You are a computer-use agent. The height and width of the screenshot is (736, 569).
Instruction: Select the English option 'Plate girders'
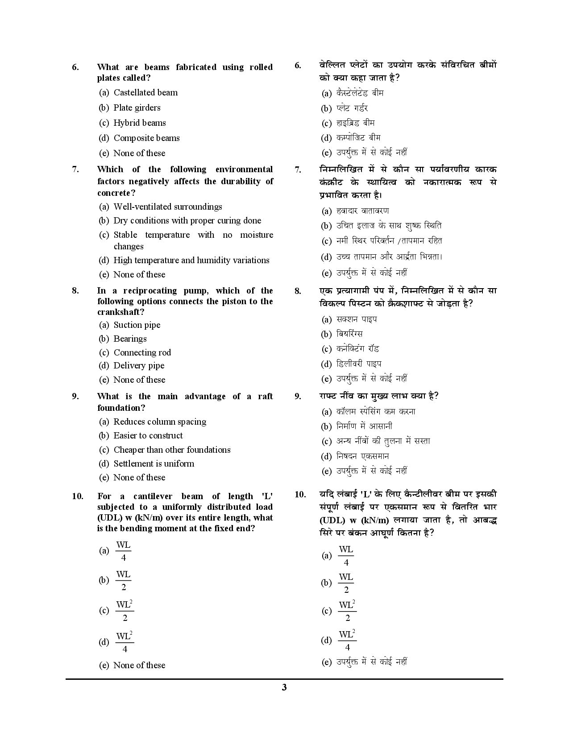tap(137, 108)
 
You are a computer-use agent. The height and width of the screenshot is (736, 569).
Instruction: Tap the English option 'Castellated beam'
tap(145, 92)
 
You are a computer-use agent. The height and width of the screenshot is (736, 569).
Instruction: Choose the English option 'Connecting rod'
tap(142, 352)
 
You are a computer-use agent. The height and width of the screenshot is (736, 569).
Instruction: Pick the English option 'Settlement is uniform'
tap(154, 463)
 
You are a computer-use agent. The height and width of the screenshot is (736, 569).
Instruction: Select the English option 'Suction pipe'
tap(137, 325)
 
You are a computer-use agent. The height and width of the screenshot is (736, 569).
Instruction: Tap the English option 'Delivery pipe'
tap(139, 365)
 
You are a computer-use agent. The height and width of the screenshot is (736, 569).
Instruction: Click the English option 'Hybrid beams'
tap(139, 123)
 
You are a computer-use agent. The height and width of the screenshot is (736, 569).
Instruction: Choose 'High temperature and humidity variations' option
tap(191, 260)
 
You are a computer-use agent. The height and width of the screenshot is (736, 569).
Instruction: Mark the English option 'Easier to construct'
tap(148, 435)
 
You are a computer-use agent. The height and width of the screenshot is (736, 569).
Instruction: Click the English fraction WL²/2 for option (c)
tap(125, 611)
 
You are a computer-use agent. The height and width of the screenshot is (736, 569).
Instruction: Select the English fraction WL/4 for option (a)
tap(123, 551)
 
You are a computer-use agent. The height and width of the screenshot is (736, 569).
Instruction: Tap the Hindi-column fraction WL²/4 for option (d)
tap(347, 641)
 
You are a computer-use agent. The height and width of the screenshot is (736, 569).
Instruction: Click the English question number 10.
tap(77, 496)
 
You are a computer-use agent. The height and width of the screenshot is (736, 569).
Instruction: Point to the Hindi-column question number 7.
tap(298, 170)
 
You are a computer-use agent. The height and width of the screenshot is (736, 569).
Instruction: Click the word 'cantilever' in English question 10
tap(153, 496)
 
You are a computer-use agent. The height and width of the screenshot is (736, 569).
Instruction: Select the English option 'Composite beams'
tap(146, 138)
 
